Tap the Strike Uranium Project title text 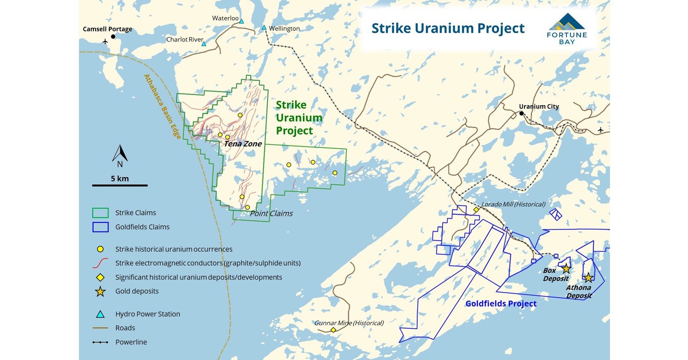(x=448, y=28)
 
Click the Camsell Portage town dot (x=113, y=37)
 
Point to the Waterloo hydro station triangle (x=241, y=21)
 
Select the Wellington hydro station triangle (x=264, y=28)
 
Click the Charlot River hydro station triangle (x=204, y=43)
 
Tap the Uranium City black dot (x=521, y=113)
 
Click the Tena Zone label (x=243, y=144)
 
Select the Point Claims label (x=271, y=214)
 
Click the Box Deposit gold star (x=566, y=269)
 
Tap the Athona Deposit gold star (x=588, y=277)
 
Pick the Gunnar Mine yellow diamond (x=333, y=330)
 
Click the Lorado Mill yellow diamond (x=476, y=209)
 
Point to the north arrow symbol (x=120, y=154)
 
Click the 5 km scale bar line (x=120, y=185)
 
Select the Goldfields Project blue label (x=501, y=304)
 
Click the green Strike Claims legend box (x=100, y=213)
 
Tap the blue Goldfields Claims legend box (x=100, y=227)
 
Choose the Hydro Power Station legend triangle (x=100, y=314)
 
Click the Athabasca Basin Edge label (x=162, y=107)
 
